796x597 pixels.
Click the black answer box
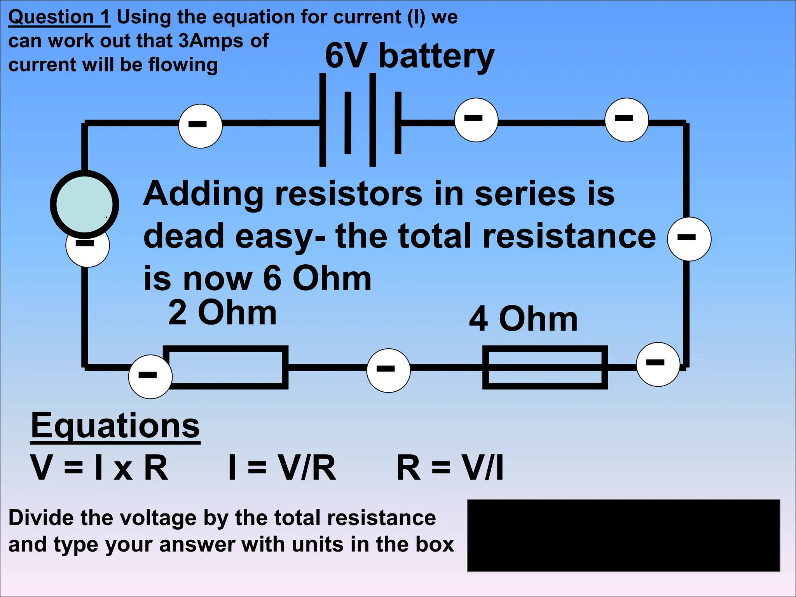(x=623, y=535)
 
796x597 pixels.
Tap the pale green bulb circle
(x=84, y=204)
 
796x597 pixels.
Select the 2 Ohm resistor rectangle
(x=225, y=367)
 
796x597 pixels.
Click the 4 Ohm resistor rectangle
(x=545, y=367)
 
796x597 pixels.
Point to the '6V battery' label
(x=409, y=56)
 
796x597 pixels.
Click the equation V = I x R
(x=99, y=468)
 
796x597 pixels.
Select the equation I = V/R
(x=282, y=468)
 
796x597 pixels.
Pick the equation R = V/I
(x=450, y=468)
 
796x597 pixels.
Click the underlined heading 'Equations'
(x=115, y=426)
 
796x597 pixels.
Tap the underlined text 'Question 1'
(x=59, y=17)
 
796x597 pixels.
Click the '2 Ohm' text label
(x=222, y=312)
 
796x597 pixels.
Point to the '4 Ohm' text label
(x=523, y=319)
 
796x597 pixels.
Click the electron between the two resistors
(x=388, y=370)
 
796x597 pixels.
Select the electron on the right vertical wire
(x=689, y=239)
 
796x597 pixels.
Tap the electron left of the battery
(x=200, y=126)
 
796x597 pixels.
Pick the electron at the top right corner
(x=626, y=120)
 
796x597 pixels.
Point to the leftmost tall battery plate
(x=323, y=120)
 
